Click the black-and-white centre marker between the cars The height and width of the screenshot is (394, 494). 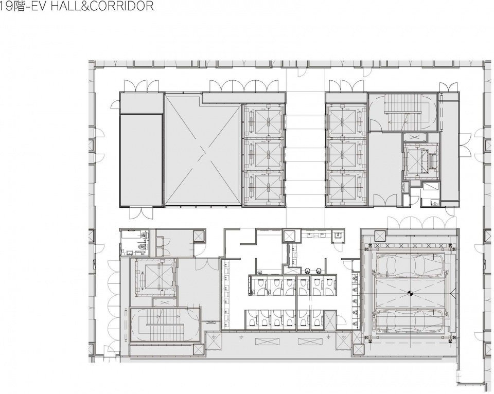pos(410,293)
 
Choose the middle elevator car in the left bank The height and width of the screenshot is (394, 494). pos(267,154)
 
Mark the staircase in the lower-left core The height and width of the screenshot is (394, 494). pos(164,325)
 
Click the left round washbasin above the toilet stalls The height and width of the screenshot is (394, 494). pos(308,270)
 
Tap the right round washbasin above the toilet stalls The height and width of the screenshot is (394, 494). pos(319,270)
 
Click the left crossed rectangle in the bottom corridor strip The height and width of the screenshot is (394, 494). pos(268,342)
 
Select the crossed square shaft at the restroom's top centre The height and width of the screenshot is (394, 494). pos(290,236)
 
